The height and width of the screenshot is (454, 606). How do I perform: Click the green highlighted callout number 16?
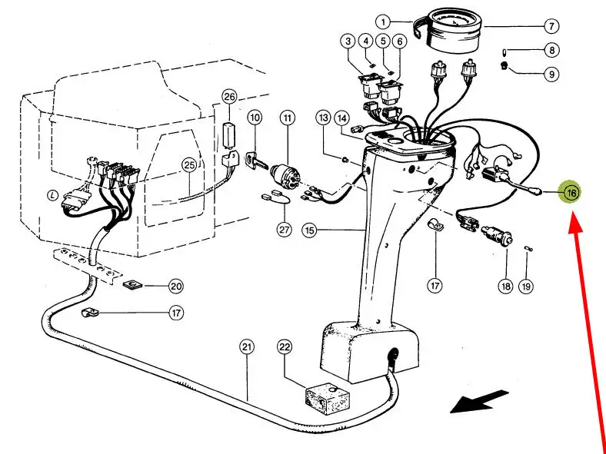tap(571, 192)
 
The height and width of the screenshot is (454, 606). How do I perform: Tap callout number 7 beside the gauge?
tap(551, 26)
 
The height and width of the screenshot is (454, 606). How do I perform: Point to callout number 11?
tap(287, 118)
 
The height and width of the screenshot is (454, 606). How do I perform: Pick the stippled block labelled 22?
tap(328, 398)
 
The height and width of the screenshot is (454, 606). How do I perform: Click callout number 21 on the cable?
tap(247, 346)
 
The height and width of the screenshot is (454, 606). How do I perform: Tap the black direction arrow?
tap(480, 402)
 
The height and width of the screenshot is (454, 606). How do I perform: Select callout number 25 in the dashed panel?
tap(189, 166)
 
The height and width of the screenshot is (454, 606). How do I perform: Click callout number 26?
tap(230, 97)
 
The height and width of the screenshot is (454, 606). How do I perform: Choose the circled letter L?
tap(52, 196)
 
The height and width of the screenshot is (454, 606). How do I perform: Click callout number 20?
tap(176, 286)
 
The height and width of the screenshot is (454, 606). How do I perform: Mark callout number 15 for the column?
tap(309, 230)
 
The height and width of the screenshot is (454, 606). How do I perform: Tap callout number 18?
tap(505, 286)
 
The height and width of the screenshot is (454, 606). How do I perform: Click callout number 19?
tap(526, 286)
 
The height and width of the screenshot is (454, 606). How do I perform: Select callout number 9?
tap(551, 74)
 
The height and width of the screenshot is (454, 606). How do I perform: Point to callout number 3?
tap(348, 41)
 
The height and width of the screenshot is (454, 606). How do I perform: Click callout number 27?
tap(284, 230)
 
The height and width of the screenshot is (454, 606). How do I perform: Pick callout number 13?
tap(324, 118)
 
